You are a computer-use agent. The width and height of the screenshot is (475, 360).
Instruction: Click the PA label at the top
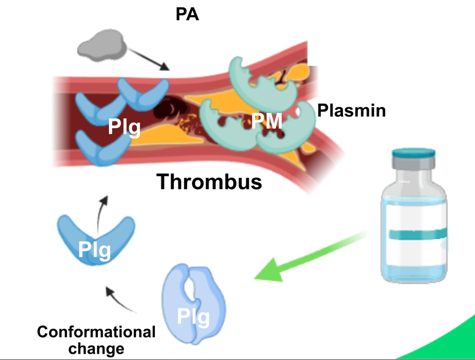click(187, 15)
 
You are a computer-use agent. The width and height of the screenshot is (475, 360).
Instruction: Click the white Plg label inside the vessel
click(124, 127)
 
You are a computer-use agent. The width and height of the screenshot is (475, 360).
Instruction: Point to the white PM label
click(266, 120)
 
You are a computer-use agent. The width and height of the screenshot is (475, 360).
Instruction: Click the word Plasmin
click(352, 110)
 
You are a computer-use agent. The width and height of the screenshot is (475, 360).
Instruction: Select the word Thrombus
click(209, 181)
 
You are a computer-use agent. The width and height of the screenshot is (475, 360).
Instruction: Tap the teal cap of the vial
click(414, 154)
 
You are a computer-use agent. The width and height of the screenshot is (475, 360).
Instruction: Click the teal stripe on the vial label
click(414, 234)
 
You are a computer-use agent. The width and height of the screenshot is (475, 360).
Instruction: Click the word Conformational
click(96, 331)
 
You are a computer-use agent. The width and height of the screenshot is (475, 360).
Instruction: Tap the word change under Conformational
click(96, 349)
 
